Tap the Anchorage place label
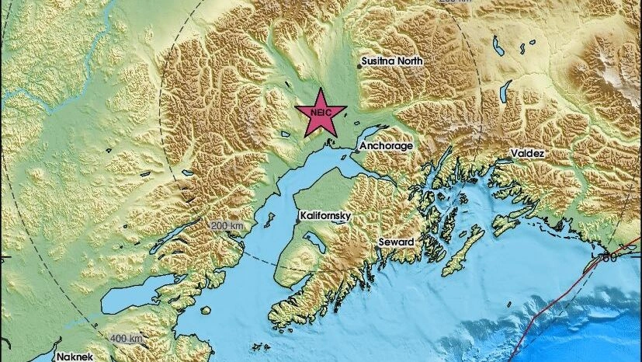[385, 145]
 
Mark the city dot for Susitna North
[359, 67]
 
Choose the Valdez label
[528, 154]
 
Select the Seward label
[396, 242]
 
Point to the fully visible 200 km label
[227, 225]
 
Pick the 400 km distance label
[127, 339]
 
